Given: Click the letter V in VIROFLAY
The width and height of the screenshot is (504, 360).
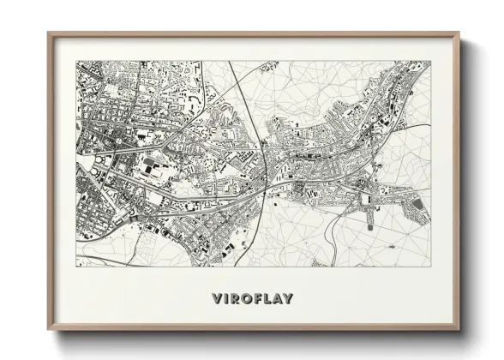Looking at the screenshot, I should tap(217, 299).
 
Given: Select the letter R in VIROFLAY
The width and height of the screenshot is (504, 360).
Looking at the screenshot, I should tap(236, 299).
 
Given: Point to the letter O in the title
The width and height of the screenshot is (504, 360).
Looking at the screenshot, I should tap(246, 299).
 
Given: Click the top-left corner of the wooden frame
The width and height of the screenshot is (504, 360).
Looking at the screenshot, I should tap(49, 33).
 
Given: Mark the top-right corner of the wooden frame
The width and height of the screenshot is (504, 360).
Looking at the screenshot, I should tap(459, 33).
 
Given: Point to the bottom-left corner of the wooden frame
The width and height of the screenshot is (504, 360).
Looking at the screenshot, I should tap(49, 329).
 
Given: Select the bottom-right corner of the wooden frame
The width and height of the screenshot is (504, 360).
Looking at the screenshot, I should tap(459, 329).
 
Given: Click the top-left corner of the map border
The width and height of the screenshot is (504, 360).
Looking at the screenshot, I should tap(76, 61).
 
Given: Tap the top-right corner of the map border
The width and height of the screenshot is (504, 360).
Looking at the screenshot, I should tap(430, 61).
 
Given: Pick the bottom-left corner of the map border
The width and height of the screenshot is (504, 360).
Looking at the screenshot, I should tap(76, 266).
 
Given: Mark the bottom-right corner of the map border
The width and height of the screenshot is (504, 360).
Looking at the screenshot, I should tap(430, 266).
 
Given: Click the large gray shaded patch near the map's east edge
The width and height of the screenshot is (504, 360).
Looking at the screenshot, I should tap(417, 206).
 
